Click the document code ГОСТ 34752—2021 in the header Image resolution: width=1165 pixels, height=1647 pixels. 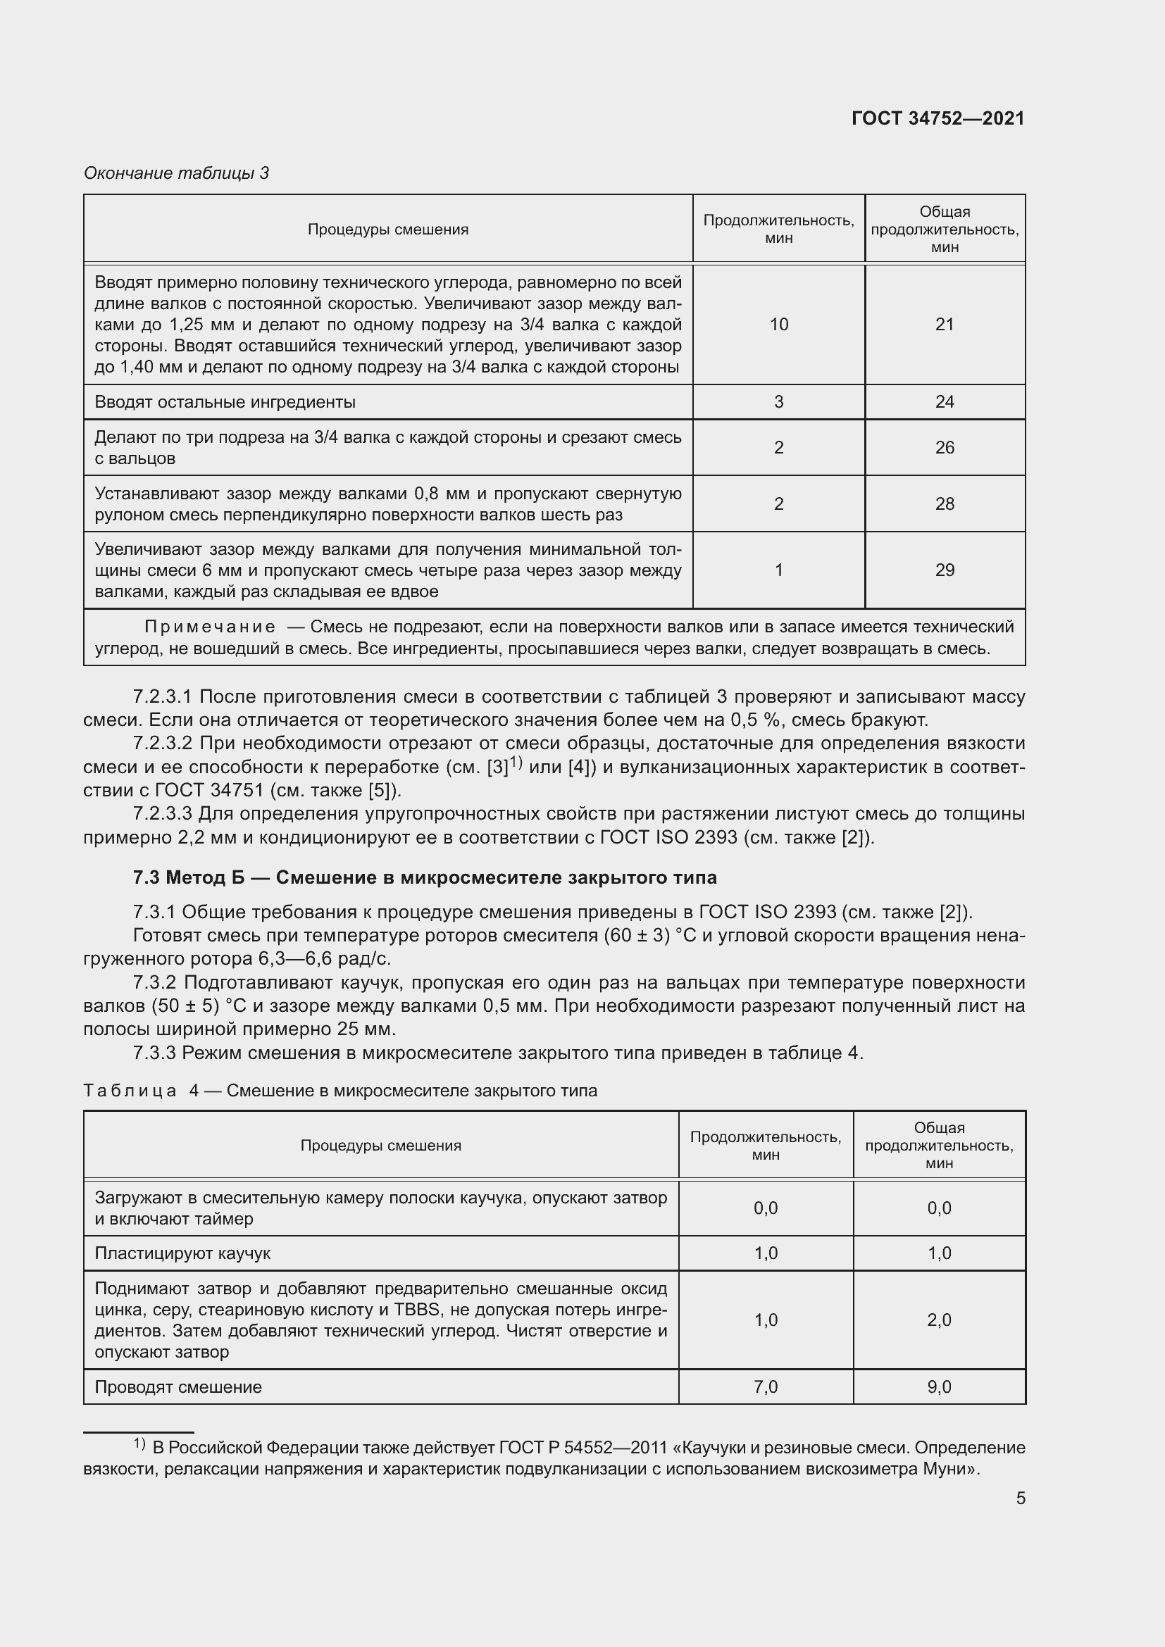(937, 118)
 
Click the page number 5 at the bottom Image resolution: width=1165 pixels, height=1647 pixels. (1020, 1498)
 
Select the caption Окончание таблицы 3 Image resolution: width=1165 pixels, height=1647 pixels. (177, 173)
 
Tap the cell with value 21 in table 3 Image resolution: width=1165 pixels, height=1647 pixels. (944, 324)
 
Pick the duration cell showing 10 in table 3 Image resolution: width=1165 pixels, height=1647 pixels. (778, 324)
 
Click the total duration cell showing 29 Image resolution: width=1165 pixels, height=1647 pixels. (944, 570)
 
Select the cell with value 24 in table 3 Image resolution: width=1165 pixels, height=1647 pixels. (944, 401)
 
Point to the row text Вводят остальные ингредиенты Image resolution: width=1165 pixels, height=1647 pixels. (225, 401)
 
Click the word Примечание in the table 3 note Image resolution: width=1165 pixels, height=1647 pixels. (209, 627)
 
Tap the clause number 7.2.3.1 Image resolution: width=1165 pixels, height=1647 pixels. (163, 696)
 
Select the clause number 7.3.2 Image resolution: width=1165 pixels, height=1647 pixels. (155, 982)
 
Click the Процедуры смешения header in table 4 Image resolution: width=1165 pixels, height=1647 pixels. (380, 1145)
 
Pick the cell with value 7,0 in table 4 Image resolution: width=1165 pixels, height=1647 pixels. (766, 1386)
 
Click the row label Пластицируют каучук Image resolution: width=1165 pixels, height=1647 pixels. (182, 1253)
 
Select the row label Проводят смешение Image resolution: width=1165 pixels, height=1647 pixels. (178, 1386)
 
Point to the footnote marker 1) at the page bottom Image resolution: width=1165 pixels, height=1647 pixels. (140, 1444)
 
